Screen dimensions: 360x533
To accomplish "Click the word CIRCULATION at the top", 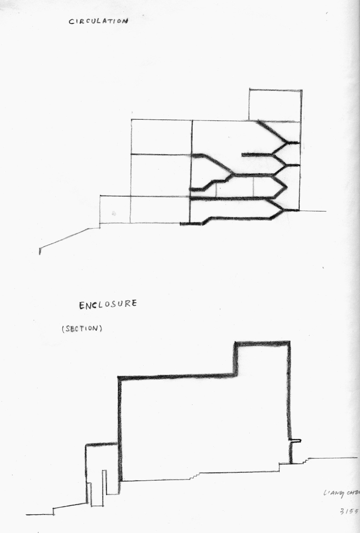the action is (x=98, y=21).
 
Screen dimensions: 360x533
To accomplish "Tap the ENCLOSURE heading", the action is (x=108, y=305).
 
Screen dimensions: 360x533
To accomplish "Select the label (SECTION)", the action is (x=82, y=329).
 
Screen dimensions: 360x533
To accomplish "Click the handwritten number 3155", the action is (x=349, y=511).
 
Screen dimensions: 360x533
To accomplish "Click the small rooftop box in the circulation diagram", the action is (x=275, y=105).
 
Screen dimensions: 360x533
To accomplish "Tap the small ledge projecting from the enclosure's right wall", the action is (x=295, y=441).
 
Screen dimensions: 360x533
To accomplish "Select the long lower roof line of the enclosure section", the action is (x=176, y=376).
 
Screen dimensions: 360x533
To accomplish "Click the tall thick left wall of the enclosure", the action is (x=120, y=429).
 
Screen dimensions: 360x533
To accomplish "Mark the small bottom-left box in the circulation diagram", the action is (x=115, y=210).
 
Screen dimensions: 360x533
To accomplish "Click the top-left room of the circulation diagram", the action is (x=161, y=137).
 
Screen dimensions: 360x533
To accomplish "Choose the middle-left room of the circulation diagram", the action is (x=161, y=175).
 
